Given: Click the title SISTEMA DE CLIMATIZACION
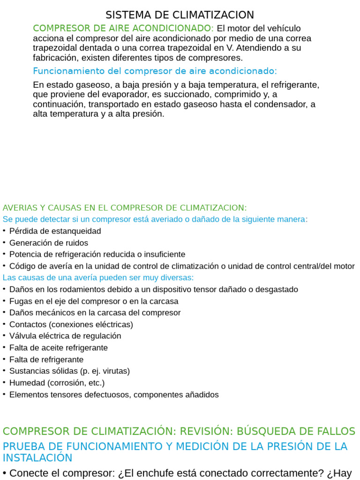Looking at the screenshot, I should pos(180,15).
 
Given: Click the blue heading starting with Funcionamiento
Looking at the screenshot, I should pos(155,71).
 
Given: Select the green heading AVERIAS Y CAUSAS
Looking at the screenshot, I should pos(124,208).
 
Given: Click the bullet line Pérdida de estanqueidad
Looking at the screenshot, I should pos(55,231).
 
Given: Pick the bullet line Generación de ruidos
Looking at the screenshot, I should pos(48,243).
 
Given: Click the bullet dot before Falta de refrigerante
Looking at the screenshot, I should pos(4,359).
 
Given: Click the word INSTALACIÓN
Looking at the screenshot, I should pos(37,458).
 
